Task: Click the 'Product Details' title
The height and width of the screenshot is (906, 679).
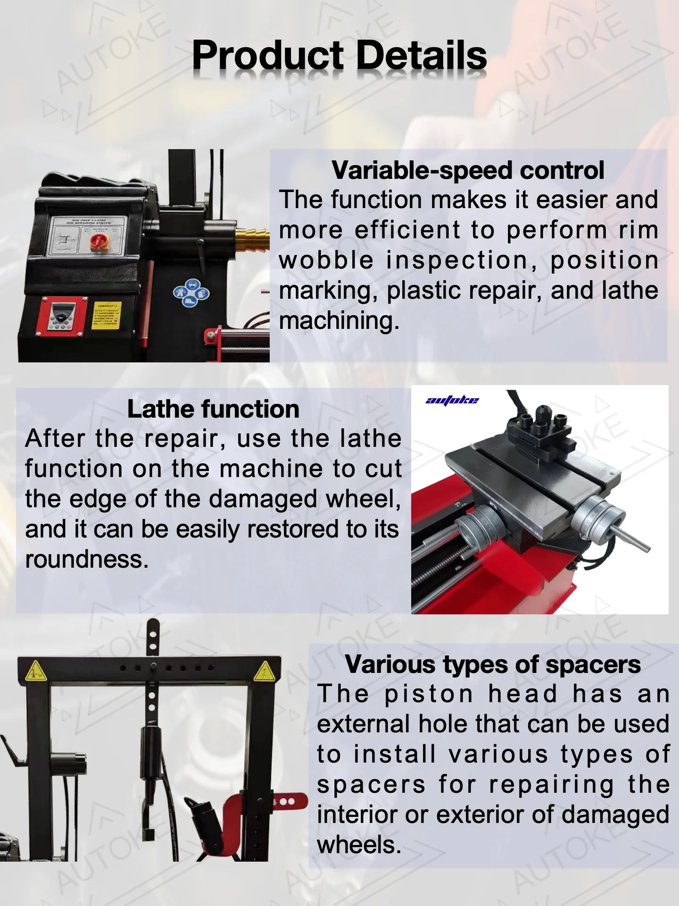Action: pos(339,56)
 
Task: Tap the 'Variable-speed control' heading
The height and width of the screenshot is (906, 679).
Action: pos(467,170)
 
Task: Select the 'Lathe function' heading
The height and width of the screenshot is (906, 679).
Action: pos(213,409)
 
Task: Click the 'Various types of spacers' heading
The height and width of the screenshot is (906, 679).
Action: pos(492,664)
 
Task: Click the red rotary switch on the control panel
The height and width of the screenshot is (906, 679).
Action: pos(98,242)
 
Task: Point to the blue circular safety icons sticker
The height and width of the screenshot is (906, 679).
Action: pos(190,293)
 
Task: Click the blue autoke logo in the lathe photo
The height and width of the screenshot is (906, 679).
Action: pos(452,401)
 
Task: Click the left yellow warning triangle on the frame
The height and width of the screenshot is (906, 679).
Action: pos(35,671)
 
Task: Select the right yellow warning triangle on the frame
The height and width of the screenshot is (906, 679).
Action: pos(264,671)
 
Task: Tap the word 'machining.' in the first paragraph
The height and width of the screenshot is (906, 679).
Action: pos(339,321)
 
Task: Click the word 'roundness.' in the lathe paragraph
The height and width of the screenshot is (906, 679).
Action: pos(87,560)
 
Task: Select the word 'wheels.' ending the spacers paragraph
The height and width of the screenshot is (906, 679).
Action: pos(359,845)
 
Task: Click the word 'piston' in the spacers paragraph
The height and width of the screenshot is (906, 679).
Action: pos(428,695)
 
